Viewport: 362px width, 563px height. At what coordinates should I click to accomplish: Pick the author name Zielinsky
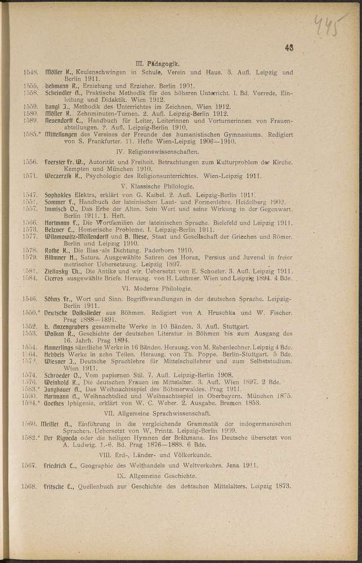59,269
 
